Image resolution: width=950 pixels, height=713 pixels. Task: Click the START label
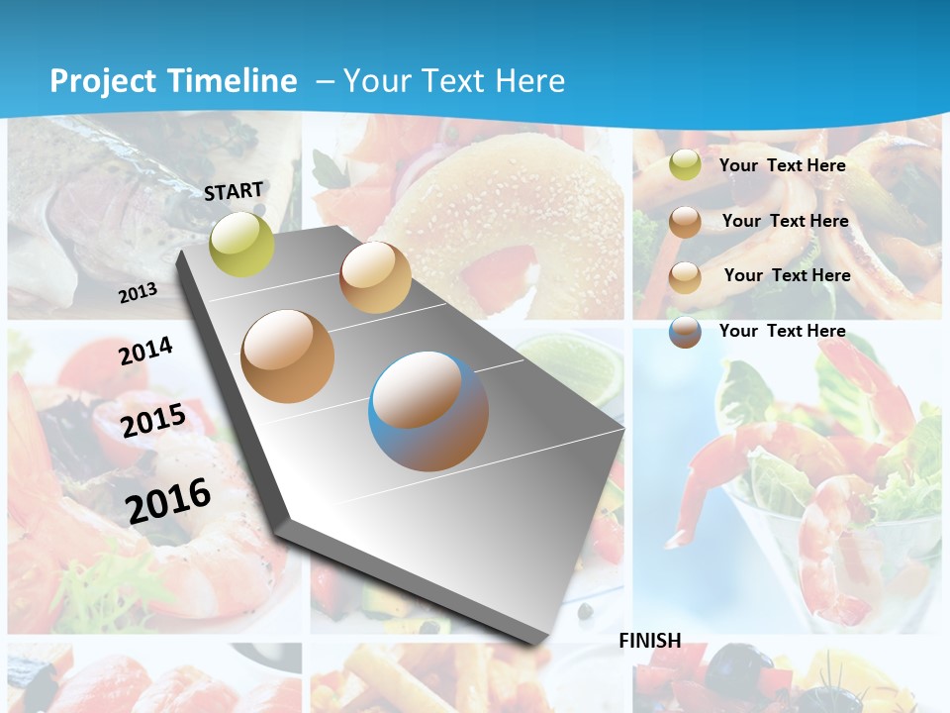point(234,191)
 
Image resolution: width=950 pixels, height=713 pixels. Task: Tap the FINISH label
point(649,641)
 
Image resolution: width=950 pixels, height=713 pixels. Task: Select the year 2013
point(138,292)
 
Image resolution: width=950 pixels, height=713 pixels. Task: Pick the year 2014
point(145,352)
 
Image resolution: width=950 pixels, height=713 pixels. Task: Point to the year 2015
point(153,421)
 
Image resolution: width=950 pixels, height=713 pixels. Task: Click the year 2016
point(168,500)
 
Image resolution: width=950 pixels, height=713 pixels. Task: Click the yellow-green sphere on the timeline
point(241,244)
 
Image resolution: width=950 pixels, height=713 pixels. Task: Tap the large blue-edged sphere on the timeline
point(427,411)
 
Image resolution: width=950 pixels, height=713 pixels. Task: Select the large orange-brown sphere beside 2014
point(287,356)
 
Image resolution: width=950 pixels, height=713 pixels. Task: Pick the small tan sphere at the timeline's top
point(374,277)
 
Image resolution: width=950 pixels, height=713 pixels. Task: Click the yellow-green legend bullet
point(684,165)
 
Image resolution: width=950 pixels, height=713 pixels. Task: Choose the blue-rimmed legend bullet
point(684,332)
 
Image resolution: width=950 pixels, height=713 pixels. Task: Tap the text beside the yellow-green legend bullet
point(782,165)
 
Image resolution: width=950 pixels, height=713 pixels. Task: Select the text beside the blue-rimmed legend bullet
point(782,331)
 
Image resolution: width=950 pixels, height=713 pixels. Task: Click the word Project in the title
point(104,81)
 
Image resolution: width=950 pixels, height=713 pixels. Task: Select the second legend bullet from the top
point(684,222)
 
